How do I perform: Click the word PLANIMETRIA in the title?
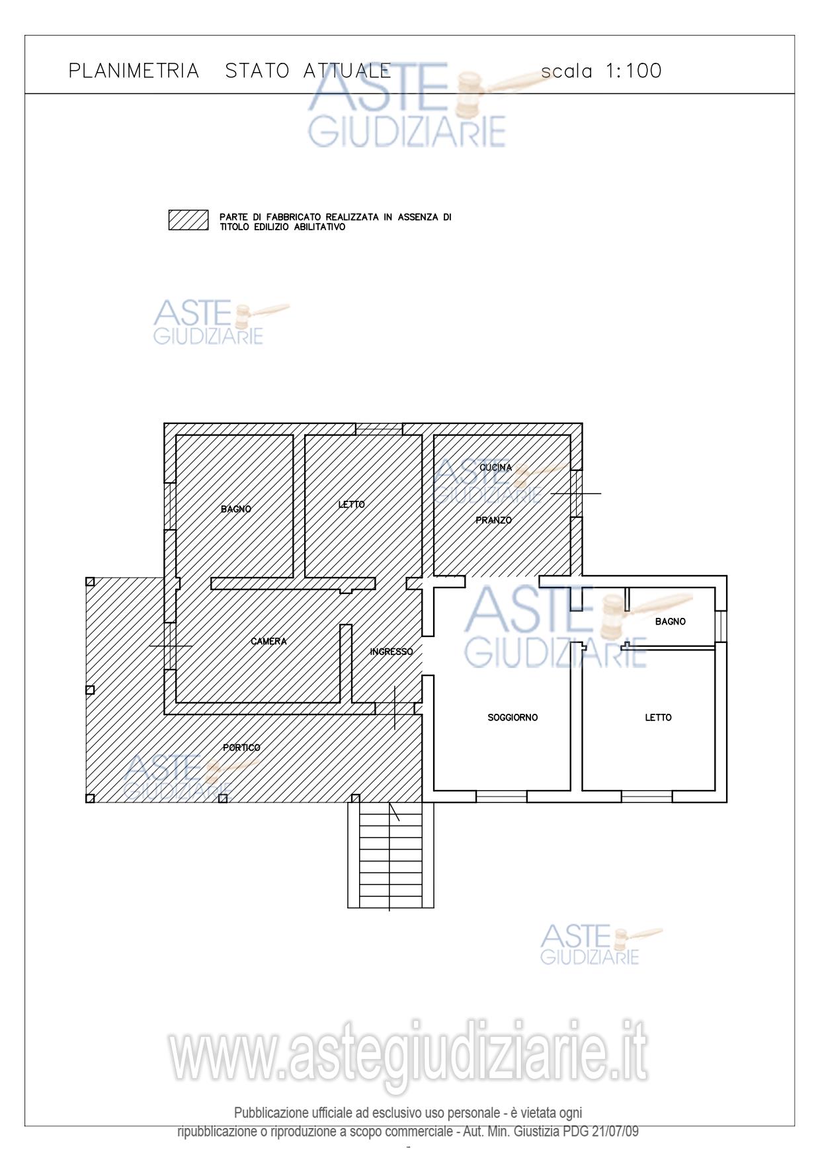134,71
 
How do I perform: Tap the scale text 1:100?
634,71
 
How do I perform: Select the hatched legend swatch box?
188,220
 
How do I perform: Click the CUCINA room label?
496,468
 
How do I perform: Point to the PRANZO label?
494,521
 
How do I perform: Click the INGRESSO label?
391,652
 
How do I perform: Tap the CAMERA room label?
269,641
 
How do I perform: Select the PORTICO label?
241,748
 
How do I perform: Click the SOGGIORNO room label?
512,717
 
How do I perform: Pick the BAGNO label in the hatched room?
236,509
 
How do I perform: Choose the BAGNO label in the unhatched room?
671,622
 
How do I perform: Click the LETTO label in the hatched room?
352,504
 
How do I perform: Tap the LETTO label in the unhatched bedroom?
659,717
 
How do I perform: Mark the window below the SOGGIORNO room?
501,796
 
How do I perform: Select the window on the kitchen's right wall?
577,494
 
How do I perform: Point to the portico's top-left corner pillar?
91,582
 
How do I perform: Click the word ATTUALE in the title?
347,71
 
